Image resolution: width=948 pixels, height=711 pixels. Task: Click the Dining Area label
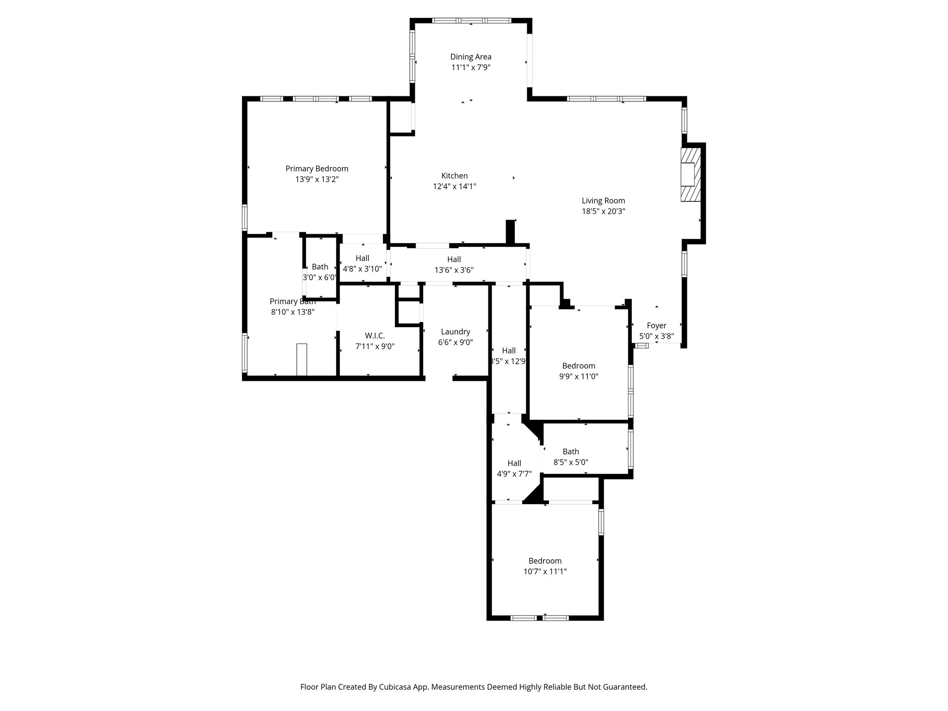471,57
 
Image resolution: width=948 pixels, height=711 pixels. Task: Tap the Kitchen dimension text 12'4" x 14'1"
454,187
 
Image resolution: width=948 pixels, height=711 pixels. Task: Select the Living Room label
603,200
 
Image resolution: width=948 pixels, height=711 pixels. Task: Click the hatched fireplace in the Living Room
691,175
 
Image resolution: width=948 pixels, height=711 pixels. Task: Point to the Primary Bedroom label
317,168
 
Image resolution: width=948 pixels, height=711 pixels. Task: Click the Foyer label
656,325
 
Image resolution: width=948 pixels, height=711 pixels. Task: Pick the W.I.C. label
374,336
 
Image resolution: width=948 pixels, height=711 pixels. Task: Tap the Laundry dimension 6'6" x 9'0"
455,343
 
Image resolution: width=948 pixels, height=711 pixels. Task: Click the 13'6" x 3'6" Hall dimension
454,270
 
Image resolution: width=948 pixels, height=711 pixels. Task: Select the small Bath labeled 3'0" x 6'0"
319,267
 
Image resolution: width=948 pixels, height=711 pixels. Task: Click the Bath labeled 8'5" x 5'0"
570,452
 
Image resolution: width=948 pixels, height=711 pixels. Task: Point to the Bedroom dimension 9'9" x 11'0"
579,377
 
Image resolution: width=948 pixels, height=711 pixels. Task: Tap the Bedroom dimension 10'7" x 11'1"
545,572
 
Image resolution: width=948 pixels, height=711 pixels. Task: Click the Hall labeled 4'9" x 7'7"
514,463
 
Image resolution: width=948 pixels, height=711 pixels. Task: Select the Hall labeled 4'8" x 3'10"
362,258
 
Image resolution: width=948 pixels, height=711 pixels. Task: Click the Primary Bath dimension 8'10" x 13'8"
293,312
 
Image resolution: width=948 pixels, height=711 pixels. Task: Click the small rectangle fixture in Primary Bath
301,360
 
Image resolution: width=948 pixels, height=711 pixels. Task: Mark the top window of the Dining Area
471,20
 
